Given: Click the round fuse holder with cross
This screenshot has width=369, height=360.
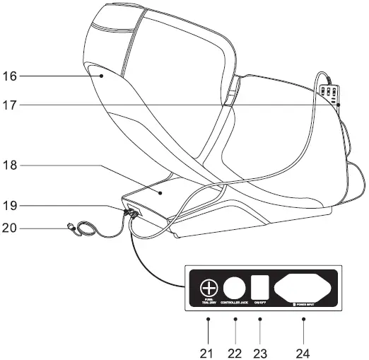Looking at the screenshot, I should [209, 288].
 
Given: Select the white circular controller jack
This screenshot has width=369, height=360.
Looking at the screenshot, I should [235, 288].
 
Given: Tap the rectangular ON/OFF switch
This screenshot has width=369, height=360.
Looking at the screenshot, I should [260, 286].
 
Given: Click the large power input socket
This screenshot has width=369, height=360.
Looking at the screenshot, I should [304, 286].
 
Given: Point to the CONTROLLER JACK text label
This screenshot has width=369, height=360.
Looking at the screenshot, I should [235, 303].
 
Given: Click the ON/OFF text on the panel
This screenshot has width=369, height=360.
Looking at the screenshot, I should [260, 303].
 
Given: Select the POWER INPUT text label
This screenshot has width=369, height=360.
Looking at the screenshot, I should [305, 303].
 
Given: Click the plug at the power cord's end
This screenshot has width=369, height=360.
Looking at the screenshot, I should [69, 228].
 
